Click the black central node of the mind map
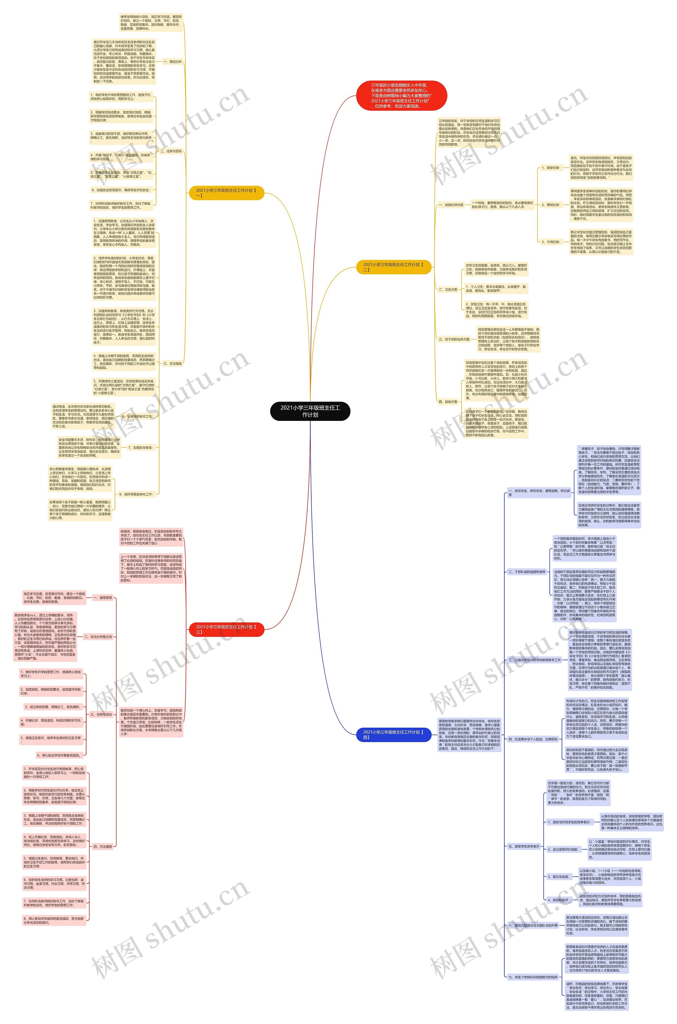tap(310, 411)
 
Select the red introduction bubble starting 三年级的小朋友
tap(401, 95)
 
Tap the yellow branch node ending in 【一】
tap(226, 193)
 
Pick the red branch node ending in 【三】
tap(226, 629)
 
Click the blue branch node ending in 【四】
tap(393, 735)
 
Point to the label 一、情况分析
tap(172, 62)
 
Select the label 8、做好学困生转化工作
tap(136, 494)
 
